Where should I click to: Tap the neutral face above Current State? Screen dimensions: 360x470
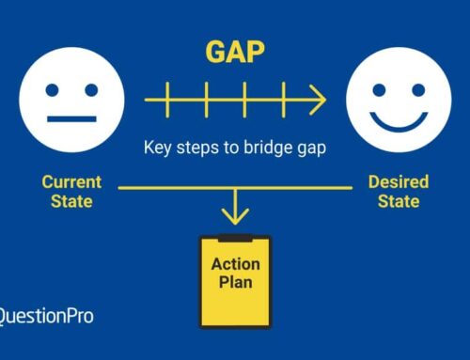(71, 98)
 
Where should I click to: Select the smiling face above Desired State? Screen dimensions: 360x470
(398, 98)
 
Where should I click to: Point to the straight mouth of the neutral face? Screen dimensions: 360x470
(71, 119)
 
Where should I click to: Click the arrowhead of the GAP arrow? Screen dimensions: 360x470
(318, 98)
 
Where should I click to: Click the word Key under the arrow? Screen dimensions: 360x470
(157, 147)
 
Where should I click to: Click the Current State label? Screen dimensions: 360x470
(71, 190)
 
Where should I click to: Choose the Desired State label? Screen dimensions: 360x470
(399, 190)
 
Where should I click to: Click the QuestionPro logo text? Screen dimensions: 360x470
(45, 317)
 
